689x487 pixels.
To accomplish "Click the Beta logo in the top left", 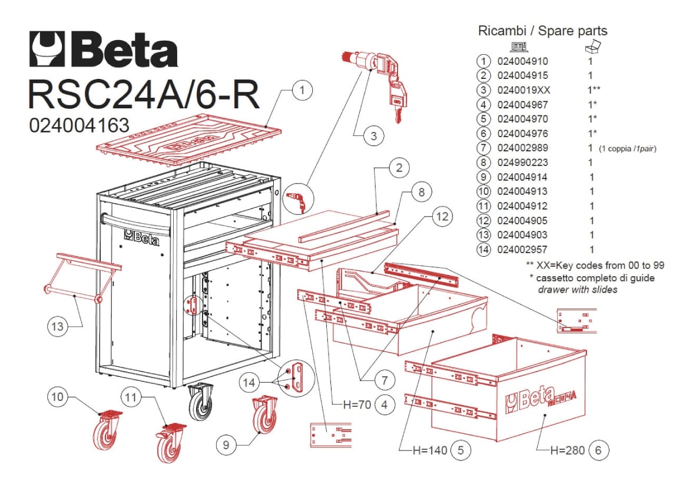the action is [x=104, y=49].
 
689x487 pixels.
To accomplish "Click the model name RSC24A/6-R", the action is [x=144, y=94].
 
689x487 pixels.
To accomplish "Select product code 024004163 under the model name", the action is [x=79, y=125].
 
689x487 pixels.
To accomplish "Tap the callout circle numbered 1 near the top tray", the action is [x=302, y=91].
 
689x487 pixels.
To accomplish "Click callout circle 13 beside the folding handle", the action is [x=58, y=326].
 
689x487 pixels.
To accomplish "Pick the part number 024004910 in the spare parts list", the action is [x=522, y=61].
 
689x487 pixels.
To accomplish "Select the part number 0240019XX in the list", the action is [x=524, y=90].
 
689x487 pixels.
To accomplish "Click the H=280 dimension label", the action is [x=567, y=450].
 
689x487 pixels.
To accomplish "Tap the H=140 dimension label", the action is [x=430, y=450].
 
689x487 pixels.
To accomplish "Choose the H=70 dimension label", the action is [x=357, y=405].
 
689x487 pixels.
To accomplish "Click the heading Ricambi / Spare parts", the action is [x=542, y=31].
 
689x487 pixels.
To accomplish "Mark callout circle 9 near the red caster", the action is [x=226, y=445].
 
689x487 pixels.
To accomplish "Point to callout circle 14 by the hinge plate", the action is [x=249, y=382].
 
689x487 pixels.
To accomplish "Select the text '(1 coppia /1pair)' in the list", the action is [x=628, y=148].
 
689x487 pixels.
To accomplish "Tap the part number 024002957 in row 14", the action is [x=522, y=249].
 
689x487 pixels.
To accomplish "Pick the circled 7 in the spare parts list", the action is [x=483, y=148].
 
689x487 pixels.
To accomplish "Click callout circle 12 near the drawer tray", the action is [x=442, y=216].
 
